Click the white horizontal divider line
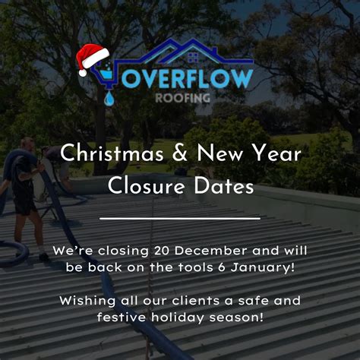[x=180, y=219]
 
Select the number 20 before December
[x=156, y=250]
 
